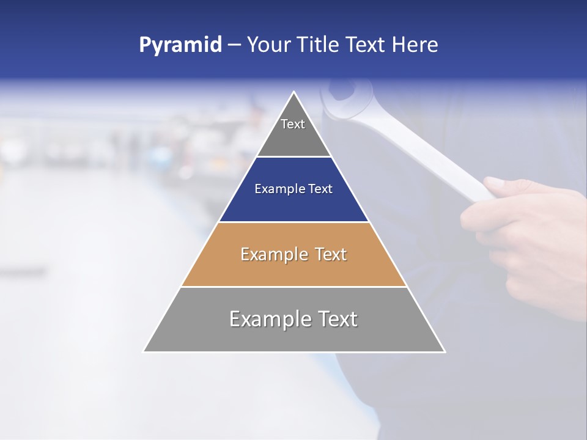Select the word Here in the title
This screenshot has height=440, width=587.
point(415,45)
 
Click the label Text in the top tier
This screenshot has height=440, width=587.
point(293,124)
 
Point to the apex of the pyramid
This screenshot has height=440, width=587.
point(294,92)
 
